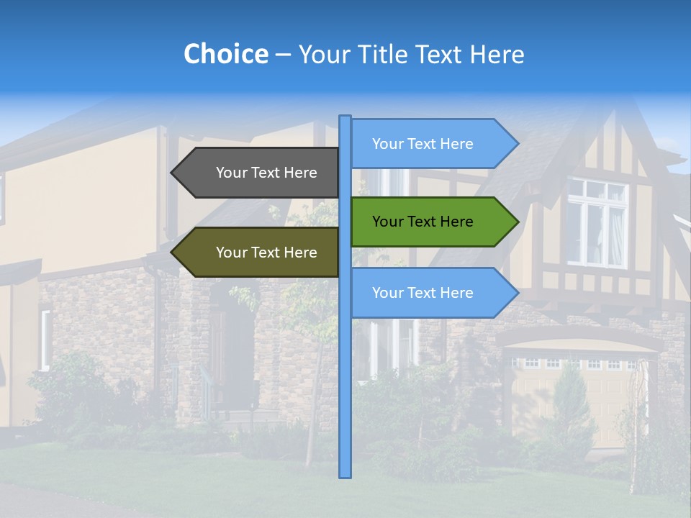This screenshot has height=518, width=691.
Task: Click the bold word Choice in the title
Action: (225, 54)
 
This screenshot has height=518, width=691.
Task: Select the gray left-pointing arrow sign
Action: (259, 173)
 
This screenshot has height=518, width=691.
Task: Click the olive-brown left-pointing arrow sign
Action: (259, 253)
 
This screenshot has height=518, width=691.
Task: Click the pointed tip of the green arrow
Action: (517, 222)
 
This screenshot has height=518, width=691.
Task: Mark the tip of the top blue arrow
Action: (517, 144)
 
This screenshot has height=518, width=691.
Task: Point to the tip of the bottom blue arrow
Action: (517, 293)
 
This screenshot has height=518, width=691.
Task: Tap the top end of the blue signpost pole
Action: (345, 117)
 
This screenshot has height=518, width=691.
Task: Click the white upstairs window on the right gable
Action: (597, 222)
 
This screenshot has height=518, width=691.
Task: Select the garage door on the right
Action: (569, 396)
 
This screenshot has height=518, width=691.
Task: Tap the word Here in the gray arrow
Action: (300, 173)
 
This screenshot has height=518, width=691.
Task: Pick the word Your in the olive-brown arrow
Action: (232, 253)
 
